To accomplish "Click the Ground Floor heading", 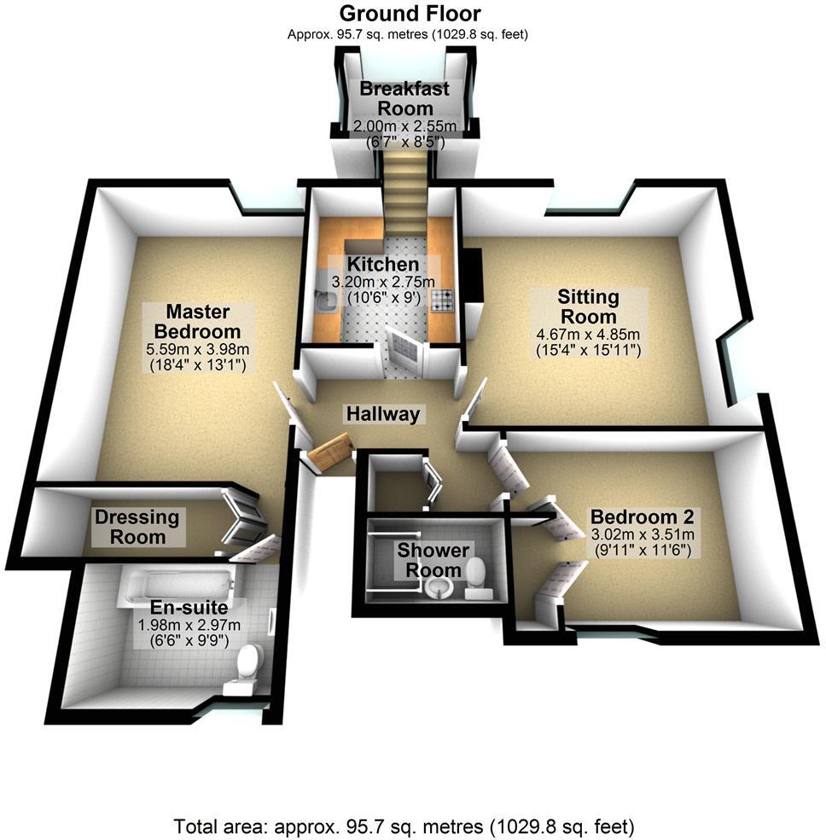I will point(410,14).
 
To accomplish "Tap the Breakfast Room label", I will point(404,98).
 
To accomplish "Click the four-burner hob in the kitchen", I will point(443,299).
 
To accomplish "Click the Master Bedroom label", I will point(203,320).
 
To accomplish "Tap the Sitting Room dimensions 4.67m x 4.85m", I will point(588,334).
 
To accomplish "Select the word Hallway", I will point(383,415).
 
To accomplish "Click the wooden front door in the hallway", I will point(331,452).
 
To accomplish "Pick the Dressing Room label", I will point(137,527).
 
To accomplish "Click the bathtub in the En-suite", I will point(176,586).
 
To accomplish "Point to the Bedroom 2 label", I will point(643,517).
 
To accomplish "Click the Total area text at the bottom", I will point(404,826).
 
